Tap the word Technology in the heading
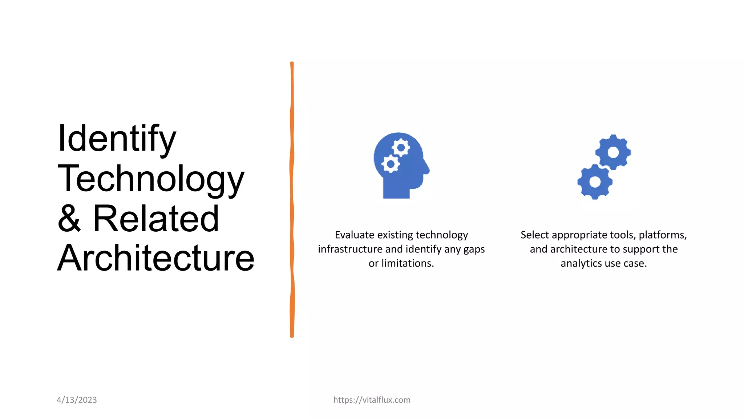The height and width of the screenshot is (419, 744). (x=151, y=179)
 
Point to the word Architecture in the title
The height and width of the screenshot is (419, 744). (x=156, y=258)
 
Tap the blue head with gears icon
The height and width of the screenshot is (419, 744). (x=401, y=165)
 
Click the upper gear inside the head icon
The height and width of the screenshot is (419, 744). (x=401, y=148)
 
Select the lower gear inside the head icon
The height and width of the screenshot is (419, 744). (x=391, y=164)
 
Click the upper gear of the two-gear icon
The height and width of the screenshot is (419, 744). (x=613, y=152)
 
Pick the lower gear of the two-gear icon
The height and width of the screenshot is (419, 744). (x=595, y=181)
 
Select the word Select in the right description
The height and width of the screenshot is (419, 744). (x=534, y=235)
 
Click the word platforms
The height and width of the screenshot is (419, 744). (x=662, y=235)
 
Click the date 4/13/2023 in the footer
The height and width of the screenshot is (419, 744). (x=77, y=400)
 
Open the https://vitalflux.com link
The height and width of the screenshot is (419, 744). (x=372, y=400)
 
